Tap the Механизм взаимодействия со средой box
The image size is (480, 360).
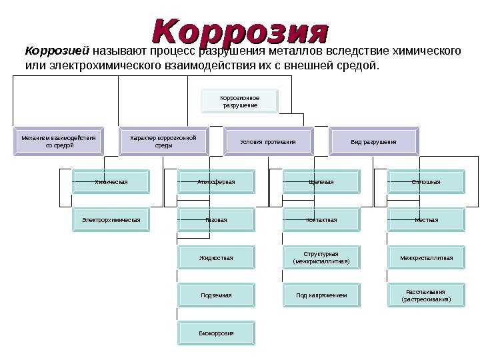[59, 141]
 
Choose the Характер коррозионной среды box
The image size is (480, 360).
[163, 141]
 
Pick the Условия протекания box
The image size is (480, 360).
[267, 142]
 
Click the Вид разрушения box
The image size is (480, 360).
[373, 142]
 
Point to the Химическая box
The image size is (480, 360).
[111, 181]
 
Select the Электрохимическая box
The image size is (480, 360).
[111, 219]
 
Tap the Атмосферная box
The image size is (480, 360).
[216, 181]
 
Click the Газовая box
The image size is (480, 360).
[216, 219]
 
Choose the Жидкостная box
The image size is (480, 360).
[216, 257]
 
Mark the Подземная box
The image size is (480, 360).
[216, 295]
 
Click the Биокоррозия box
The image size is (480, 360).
[216, 332]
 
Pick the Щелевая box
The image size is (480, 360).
[321, 181]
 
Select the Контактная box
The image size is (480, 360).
[321, 219]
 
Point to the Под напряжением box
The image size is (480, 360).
[321, 295]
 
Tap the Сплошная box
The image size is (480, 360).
[426, 181]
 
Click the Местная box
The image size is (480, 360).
[426, 219]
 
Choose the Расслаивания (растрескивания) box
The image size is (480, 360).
[426, 295]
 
